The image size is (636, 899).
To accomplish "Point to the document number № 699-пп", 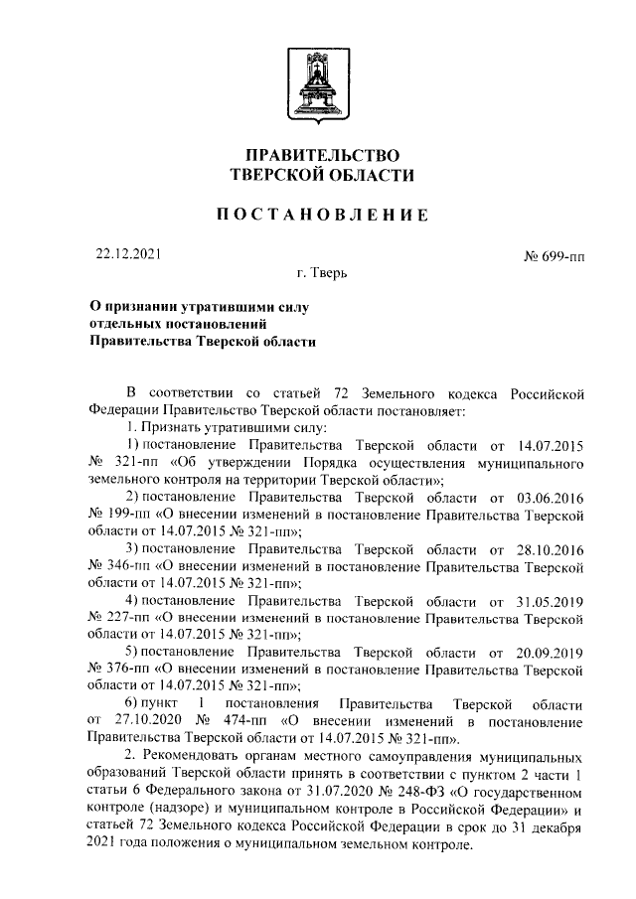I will coord(554,257).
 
